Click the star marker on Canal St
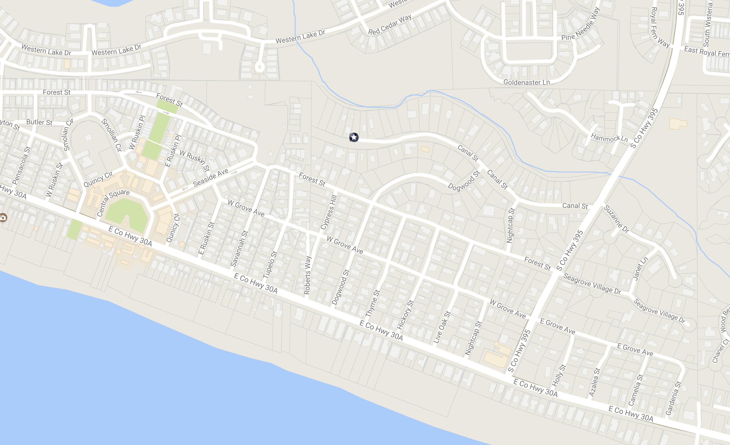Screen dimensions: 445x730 point(354,137)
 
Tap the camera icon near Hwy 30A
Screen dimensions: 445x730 point(3,218)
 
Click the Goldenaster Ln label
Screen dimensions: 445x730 point(526,82)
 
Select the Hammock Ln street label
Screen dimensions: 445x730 point(609,138)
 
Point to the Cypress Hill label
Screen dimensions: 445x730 point(329,212)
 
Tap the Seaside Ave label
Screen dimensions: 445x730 point(210,178)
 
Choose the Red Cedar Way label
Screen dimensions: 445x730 point(389,24)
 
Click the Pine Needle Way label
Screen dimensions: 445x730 point(580,24)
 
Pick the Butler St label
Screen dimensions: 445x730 point(39,122)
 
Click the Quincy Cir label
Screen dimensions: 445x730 point(98,179)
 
